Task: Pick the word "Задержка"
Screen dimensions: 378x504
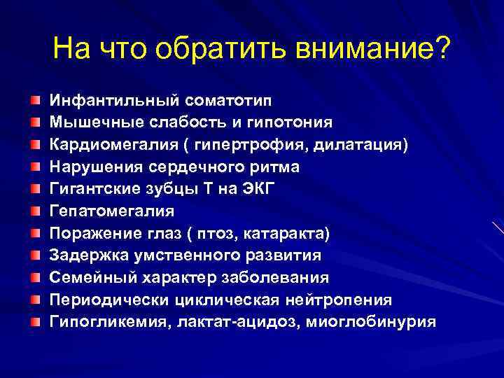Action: pyautogui.click(x=82, y=255)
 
